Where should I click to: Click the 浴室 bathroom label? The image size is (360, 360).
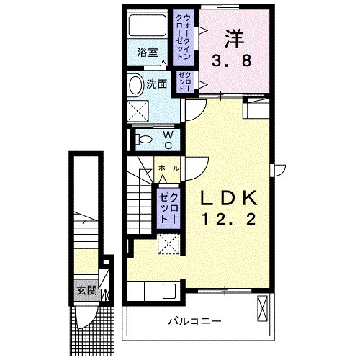click(148, 52)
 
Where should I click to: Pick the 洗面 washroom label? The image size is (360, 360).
click(157, 83)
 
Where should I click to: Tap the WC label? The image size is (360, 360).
click(166, 139)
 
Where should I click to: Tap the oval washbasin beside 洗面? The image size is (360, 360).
click(136, 85)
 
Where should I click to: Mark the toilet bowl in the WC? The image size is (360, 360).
click(143, 139)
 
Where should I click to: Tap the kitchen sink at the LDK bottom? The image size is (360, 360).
click(169, 292)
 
